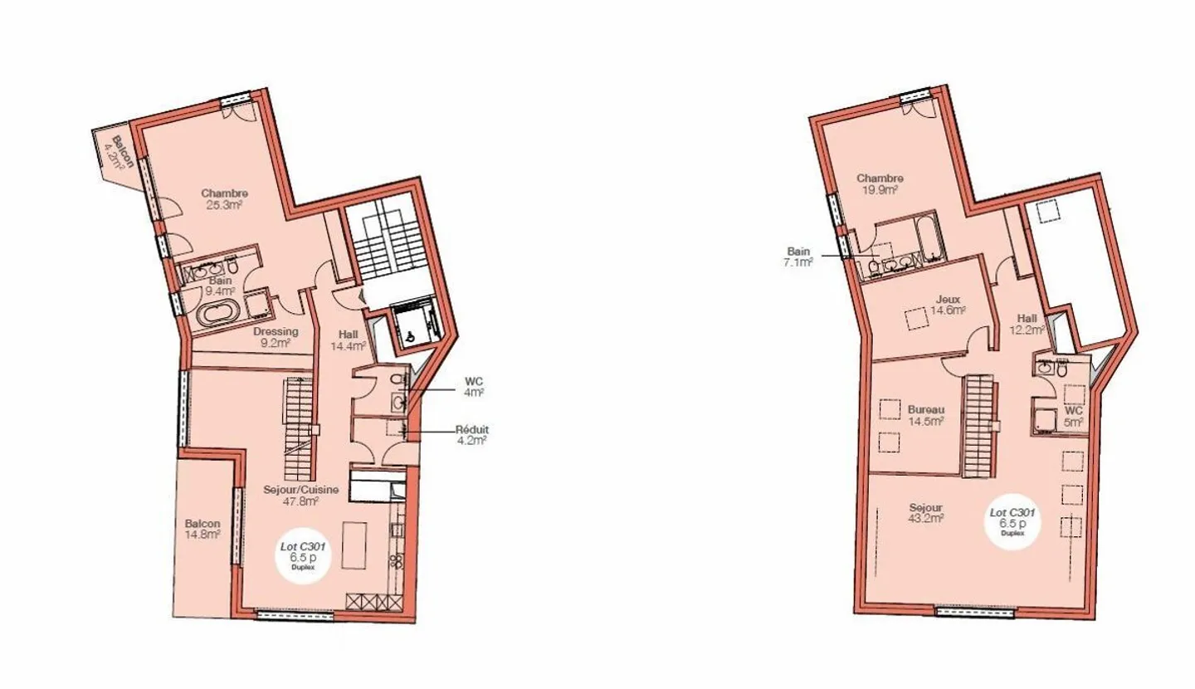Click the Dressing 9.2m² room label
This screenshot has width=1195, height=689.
(276, 337)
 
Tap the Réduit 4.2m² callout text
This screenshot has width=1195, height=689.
(471, 435)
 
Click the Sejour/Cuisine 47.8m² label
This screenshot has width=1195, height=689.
(301, 496)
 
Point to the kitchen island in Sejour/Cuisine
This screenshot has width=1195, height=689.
(354, 545)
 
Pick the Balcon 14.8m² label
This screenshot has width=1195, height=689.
(202, 529)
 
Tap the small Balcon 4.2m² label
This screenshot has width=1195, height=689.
(119, 153)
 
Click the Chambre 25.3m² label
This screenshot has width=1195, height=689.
(225, 198)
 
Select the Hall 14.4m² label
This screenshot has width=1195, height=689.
(349, 340)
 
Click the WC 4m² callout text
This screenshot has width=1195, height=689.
(474, 387)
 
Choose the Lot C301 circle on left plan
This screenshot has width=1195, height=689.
(303, 557)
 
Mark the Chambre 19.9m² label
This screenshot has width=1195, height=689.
(880, 183)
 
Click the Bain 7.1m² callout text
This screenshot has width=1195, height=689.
(798, 257)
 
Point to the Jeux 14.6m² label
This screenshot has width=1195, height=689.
(948, 304)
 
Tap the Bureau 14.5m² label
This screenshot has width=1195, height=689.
(926, 415)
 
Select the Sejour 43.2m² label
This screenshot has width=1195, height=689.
(926, 513)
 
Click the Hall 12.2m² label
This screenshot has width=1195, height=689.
(1027, 324)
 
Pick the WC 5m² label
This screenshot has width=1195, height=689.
(1073, 416)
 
